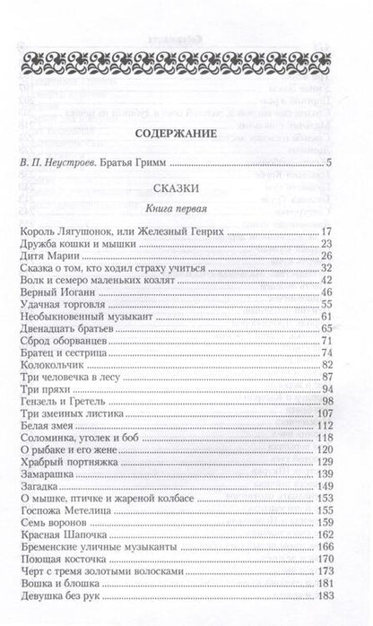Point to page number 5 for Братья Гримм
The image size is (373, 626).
[x=330, y=162]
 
